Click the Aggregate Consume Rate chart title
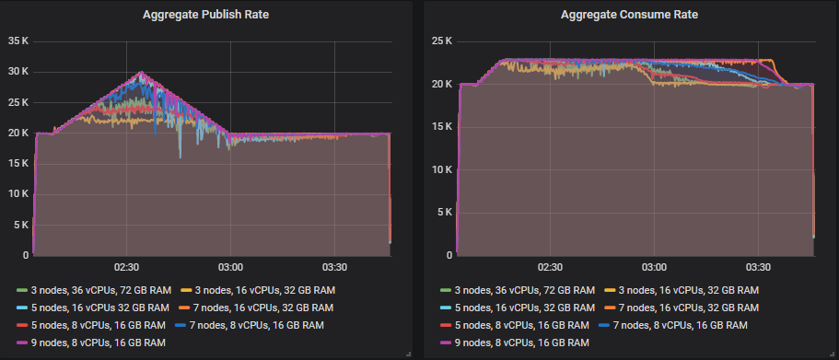(629, 15)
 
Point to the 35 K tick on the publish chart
(19, 41)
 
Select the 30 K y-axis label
(19, 72)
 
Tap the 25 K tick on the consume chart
(442, 41)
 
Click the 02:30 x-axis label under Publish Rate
(126, 267)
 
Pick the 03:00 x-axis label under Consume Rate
(653, 267)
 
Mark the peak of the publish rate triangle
(141, 72)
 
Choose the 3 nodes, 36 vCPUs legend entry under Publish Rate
(93, 290)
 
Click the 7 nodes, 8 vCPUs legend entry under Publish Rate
(249, 324)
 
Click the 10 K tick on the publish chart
(19, 193)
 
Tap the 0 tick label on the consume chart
(449, 254)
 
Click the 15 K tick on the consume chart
(442, 127)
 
